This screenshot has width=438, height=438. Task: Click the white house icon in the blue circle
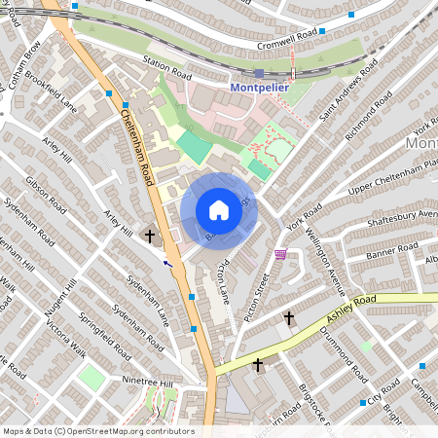tap(219, 210)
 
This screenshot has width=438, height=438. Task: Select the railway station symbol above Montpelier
tap(258, 73)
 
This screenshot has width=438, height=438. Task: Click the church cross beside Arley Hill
tap(150, 235)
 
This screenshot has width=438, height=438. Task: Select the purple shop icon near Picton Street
tap(281, 255)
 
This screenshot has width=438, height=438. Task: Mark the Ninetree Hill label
tap(147, 381)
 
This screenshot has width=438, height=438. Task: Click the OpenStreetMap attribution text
tap(97, 431)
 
